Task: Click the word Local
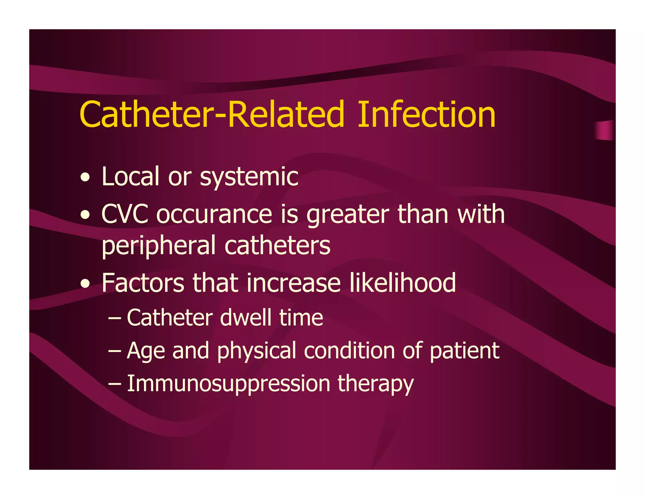click(x=130, y=177)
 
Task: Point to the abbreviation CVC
click(x=125, y=214)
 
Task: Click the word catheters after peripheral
click(x=277, y=246)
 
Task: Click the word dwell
click(x=245, y=318)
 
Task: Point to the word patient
click(x=465, y=351)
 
